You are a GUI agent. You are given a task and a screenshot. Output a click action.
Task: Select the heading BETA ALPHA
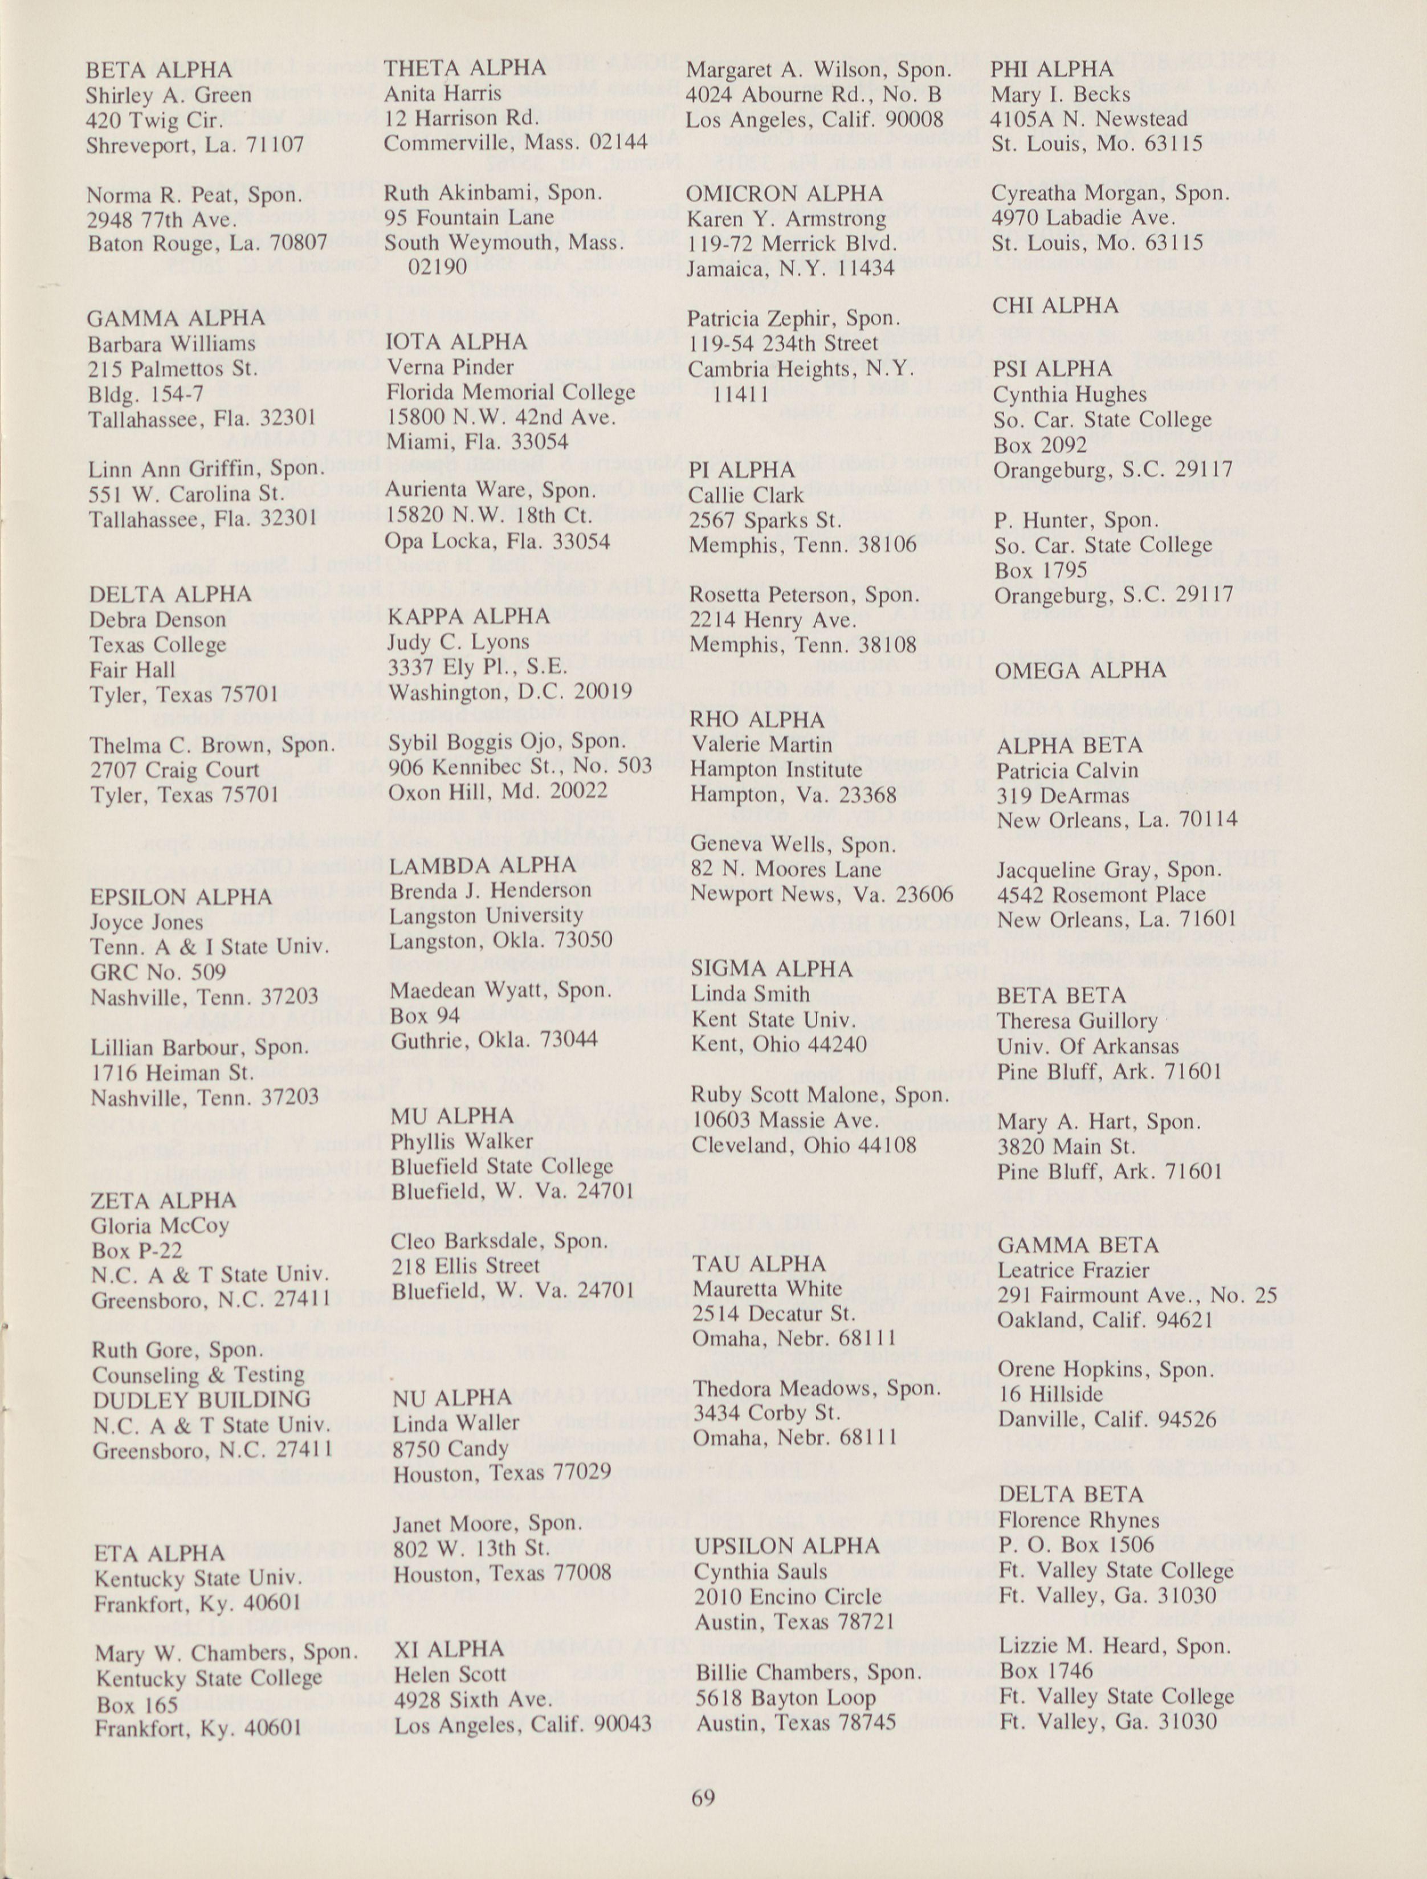tap(158, 70)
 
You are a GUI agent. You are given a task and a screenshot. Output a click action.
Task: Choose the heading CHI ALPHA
tap(1056, 306)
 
